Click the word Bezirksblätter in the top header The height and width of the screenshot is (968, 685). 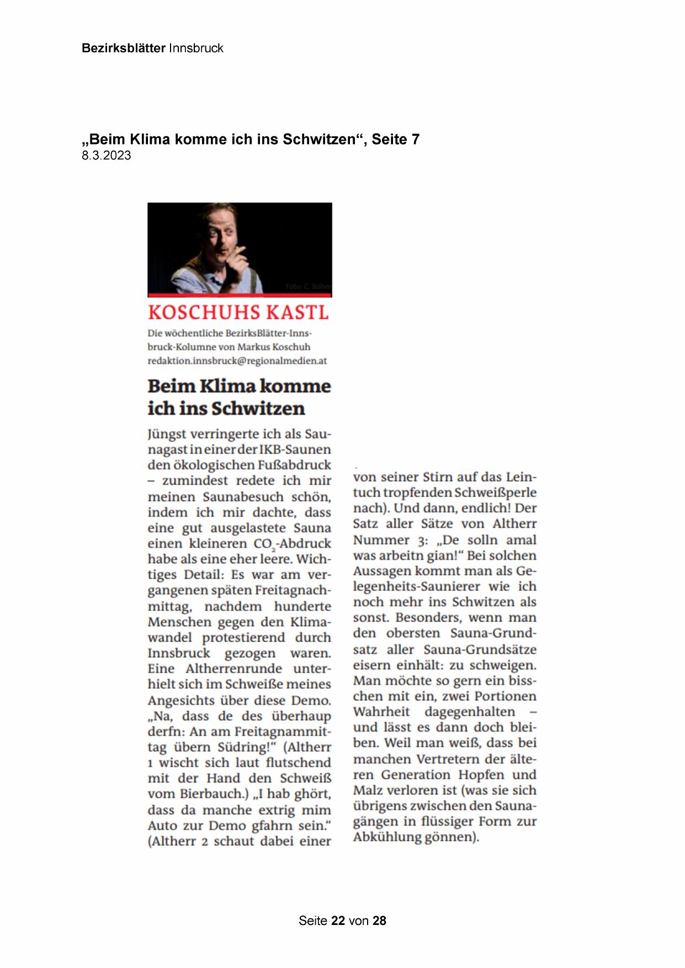tap(123, 48)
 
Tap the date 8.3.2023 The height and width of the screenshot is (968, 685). tap(107, 156)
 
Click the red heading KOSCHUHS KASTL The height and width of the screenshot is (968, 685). tap(238, 312)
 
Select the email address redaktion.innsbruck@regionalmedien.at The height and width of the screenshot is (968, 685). tap(237, 361)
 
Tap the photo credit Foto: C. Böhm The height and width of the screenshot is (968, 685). tap(308, 286)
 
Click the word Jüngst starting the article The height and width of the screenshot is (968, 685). tap(167, 434)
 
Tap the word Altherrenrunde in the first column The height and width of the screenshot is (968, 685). tap(234, 669)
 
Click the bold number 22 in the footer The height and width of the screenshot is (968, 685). tap(338, 921)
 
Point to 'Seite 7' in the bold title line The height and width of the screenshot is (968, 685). tap(395, 140)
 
